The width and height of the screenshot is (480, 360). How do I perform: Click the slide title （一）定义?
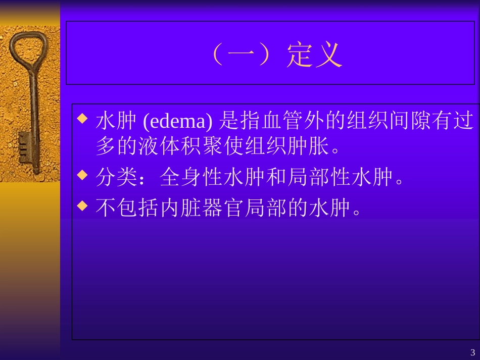click(275, 55)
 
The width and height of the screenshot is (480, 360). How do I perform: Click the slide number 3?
click(472, 352)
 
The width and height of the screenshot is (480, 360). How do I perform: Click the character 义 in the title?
click(329, 55)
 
